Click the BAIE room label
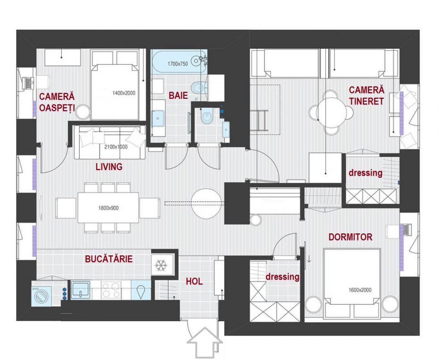(178, 95)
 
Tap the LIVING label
(109, 167)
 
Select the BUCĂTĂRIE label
(109, 259)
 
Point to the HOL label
(194, 282)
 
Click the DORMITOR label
(350, 237)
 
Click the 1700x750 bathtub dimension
(178, 64)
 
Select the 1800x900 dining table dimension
(109, 208)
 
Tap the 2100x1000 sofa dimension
(116, 147)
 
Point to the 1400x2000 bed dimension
(124, 93)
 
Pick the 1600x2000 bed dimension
(360, 290)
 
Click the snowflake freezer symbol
(161, 266)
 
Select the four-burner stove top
(111, 290)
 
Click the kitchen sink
(81, 290)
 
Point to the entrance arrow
(205, 343)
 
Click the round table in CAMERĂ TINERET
(331, 112)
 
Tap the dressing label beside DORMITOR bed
(282, 277)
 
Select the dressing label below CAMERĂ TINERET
(365, 173)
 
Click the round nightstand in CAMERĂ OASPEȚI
(83, 112)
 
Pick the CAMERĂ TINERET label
(366, 95)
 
